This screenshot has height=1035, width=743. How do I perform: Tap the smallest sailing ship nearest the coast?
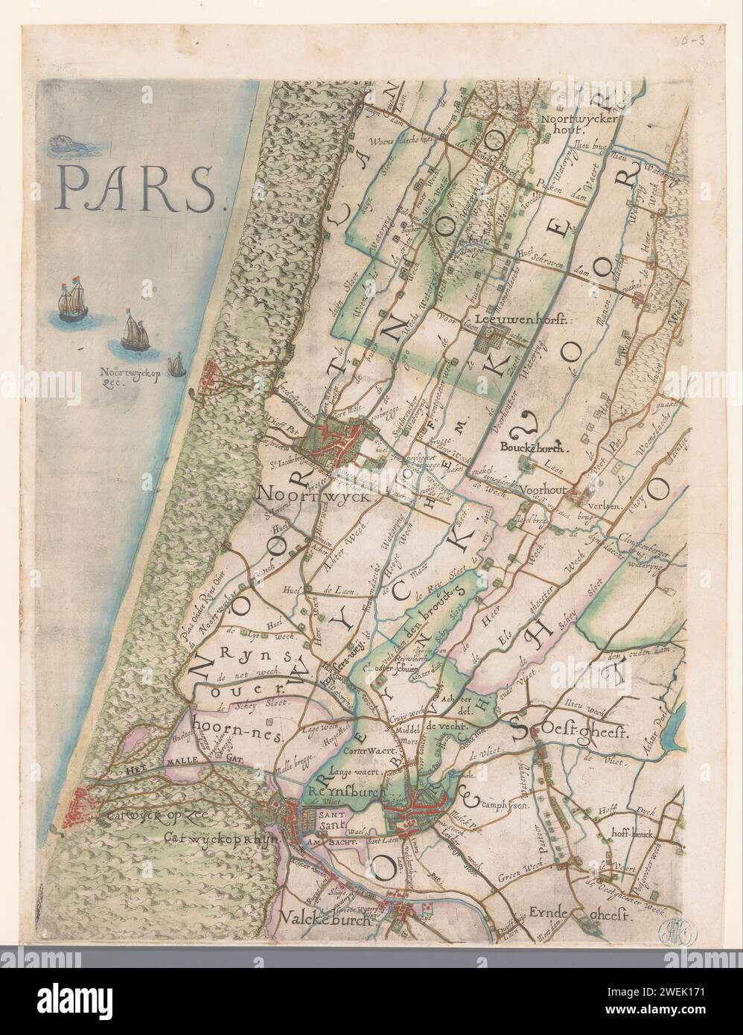click(x=176, y=365)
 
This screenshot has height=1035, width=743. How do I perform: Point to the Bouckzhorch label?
click(x=535, y=449)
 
